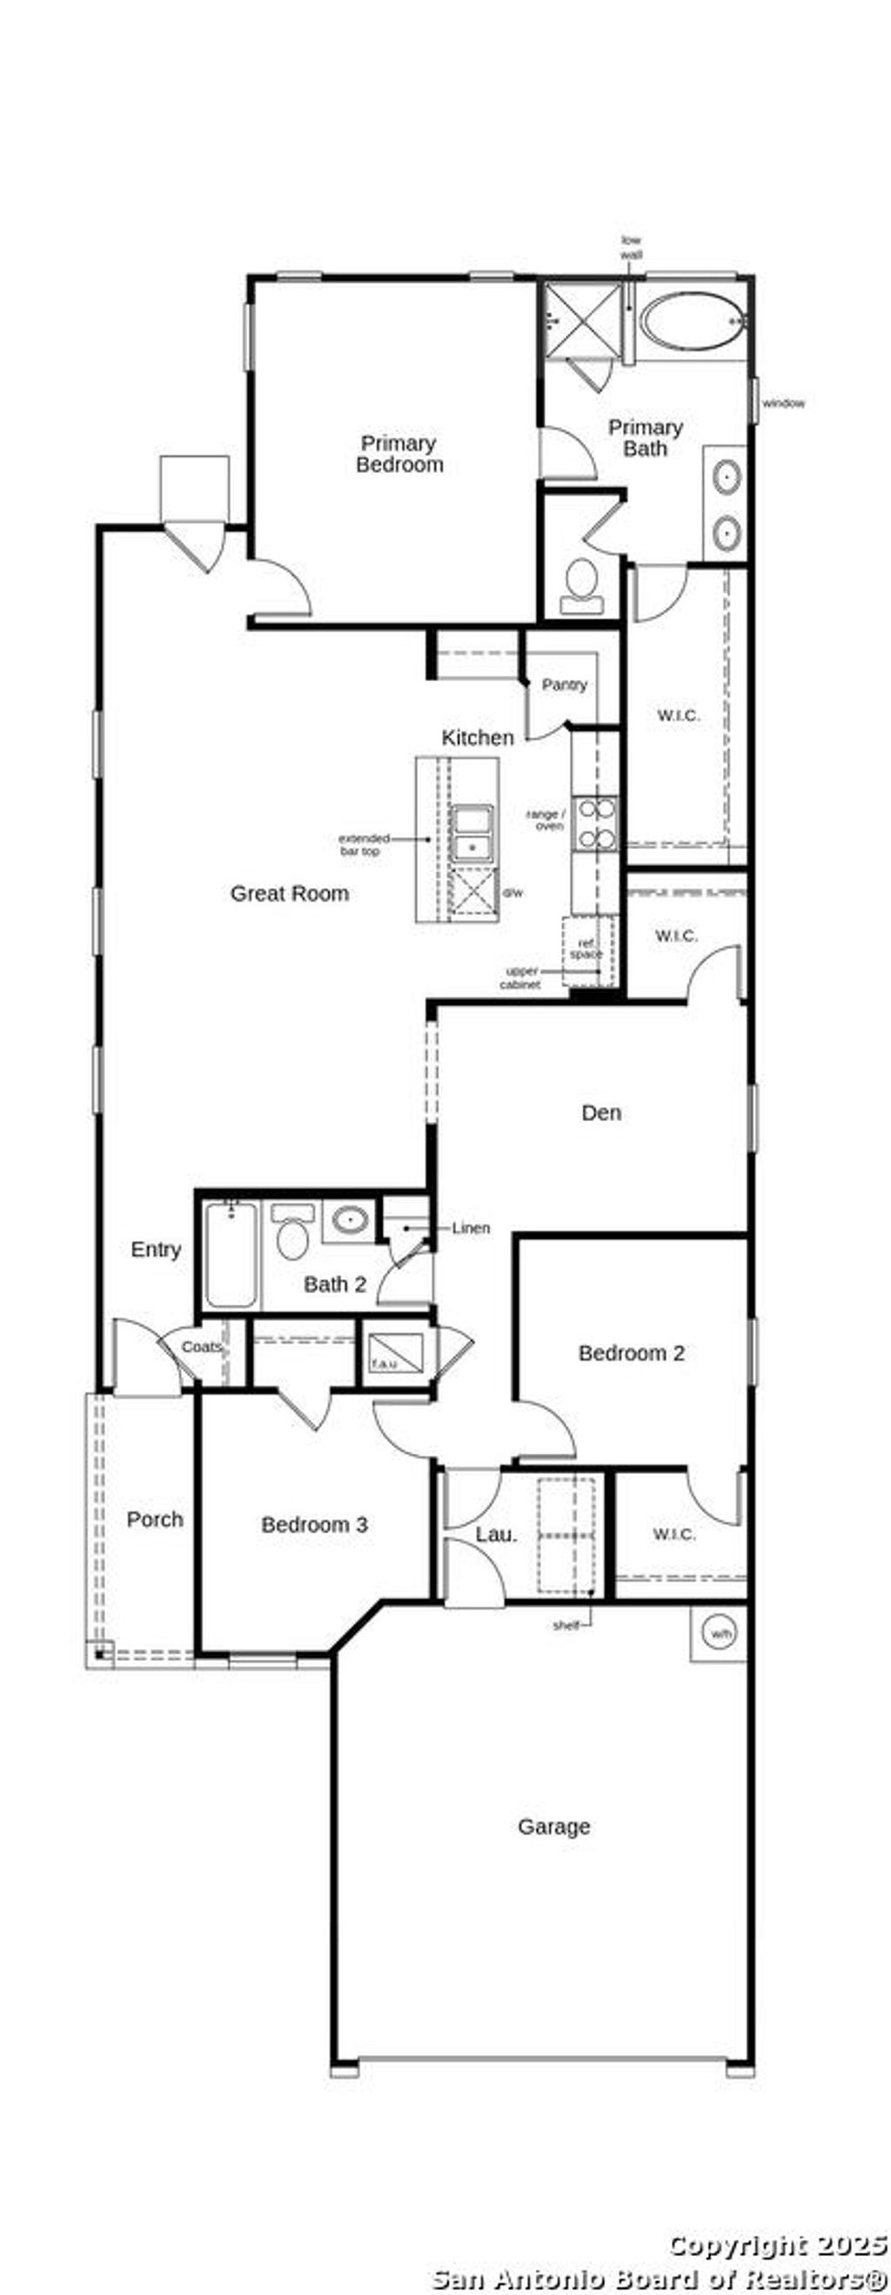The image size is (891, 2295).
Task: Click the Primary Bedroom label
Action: pyautogui.click(x=399, y=453)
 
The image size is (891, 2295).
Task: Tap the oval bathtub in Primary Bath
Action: pyautogui.click(x=693, y=321)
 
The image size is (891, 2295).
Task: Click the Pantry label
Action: pyautogui.click(x=564, y=684)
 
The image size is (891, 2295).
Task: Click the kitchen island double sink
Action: pyautogui.click(x=472, y=832)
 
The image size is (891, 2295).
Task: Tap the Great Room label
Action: pyautogui.click(x=290, y=893)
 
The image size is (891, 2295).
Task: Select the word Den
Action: pyautogui.click(x=600, y=1112)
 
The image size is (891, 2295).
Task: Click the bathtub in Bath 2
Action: pyautogui.click(x=231, y=1254)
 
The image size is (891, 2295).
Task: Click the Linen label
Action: pyautogui.click(x=471, y=1228)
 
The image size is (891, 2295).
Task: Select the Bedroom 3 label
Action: pyautogui.click(x=313, y=1524)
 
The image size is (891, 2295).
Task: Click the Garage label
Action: pyautogui.click(x=553, y=1826)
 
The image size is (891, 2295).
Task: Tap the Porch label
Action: pyautogui.click(x=154, y=1519)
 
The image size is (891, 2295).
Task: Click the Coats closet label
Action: pyautogui.click(x=201, y=1346)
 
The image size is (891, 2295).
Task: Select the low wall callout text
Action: pyautogui.click(x=631, y=247)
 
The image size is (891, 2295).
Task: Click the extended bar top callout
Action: pyautogui.click(x=364, y=844)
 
